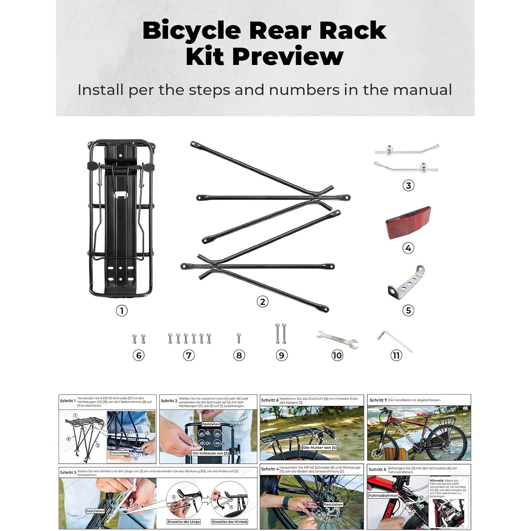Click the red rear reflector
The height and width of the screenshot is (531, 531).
pos(408,222)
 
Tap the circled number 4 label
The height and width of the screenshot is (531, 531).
pos(408,248)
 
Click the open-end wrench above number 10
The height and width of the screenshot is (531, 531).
pos(337,339)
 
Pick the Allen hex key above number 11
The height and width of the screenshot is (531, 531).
pos(394,340)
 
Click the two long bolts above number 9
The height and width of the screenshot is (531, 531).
pos(281,334)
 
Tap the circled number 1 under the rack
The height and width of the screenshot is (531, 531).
pos(122,311)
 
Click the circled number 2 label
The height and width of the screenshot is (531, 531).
pos(262,302)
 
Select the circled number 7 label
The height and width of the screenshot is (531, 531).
pos(189,355)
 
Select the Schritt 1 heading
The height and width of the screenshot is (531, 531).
pos(68,401)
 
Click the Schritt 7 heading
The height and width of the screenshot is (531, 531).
pos(378,400)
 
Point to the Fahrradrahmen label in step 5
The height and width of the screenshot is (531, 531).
pos(383,496)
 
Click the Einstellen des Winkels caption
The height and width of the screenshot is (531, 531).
pos(230,521)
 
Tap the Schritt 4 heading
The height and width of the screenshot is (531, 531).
pos(270,469)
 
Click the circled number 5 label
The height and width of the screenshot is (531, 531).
pos(408,311)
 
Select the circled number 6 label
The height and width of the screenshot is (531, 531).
pos(138,355)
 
